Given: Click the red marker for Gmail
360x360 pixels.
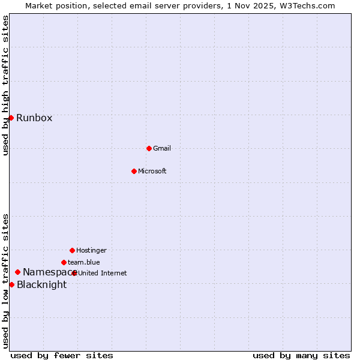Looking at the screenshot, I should [x=149, y=148].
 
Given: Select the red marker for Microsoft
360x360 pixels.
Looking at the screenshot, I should [x=134, y=171].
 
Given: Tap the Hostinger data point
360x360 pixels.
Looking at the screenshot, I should [x=72, y=250].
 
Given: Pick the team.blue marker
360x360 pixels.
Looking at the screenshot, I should [x=64, y=262].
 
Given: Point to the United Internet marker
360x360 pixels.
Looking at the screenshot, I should [x=74, y=273].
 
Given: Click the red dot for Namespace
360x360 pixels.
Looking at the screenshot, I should [x=17, y=272].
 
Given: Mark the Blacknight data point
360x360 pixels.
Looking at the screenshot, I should [x=11, y=284].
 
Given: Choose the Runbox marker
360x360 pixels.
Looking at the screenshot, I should [x=11, y=118].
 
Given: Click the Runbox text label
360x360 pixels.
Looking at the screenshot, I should [x=34, y=118].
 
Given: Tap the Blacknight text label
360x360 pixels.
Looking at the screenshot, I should [x=41, y=285].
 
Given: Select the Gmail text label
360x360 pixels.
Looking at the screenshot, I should [x=162, y=148].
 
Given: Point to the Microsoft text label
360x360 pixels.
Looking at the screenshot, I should [x=152, y=171].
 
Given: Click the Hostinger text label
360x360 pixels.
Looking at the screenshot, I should [x=91, y=250].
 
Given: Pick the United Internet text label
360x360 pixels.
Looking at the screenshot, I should [x=103, y=273].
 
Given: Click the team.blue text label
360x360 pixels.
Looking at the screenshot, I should [x=83, y=262].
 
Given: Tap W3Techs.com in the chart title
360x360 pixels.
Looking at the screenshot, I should [x=305, y=5].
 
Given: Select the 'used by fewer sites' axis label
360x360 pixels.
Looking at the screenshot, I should [x=62, y=355].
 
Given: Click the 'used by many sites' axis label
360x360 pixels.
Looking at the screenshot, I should [x=301, y=355].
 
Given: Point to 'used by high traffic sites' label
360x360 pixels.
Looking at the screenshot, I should [x=5, y=85].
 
